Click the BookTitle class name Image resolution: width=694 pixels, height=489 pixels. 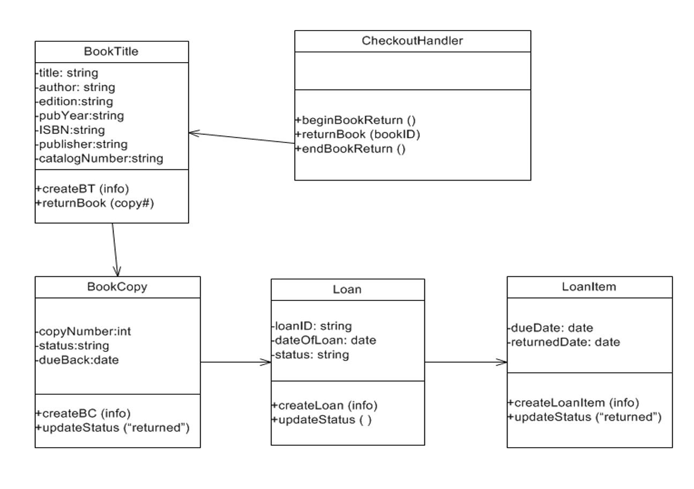(111, 51)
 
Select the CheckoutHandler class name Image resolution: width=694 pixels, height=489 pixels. (412, 41)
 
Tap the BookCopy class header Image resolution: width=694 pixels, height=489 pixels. (117, 287)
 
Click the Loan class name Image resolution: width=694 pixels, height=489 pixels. (347, 289)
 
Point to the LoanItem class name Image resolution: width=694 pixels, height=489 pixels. (589, 287)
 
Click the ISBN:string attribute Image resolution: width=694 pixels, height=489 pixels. (70, 130)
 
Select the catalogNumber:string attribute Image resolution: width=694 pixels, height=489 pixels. (99, 158)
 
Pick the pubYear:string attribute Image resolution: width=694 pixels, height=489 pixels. (79, 115)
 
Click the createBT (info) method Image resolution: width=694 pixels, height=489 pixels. (83, 189)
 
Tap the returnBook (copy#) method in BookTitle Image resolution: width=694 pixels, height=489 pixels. (95, 203)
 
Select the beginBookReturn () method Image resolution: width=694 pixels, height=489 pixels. (355, 120)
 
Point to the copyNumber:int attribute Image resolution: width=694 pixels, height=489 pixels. (83, 332)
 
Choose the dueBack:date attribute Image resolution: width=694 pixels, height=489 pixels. (77, 360)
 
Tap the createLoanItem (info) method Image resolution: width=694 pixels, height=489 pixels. (573, 403)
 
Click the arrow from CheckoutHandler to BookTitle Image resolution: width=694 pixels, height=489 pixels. (242, 138)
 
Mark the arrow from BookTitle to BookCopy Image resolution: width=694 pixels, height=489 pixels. (115, 249)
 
